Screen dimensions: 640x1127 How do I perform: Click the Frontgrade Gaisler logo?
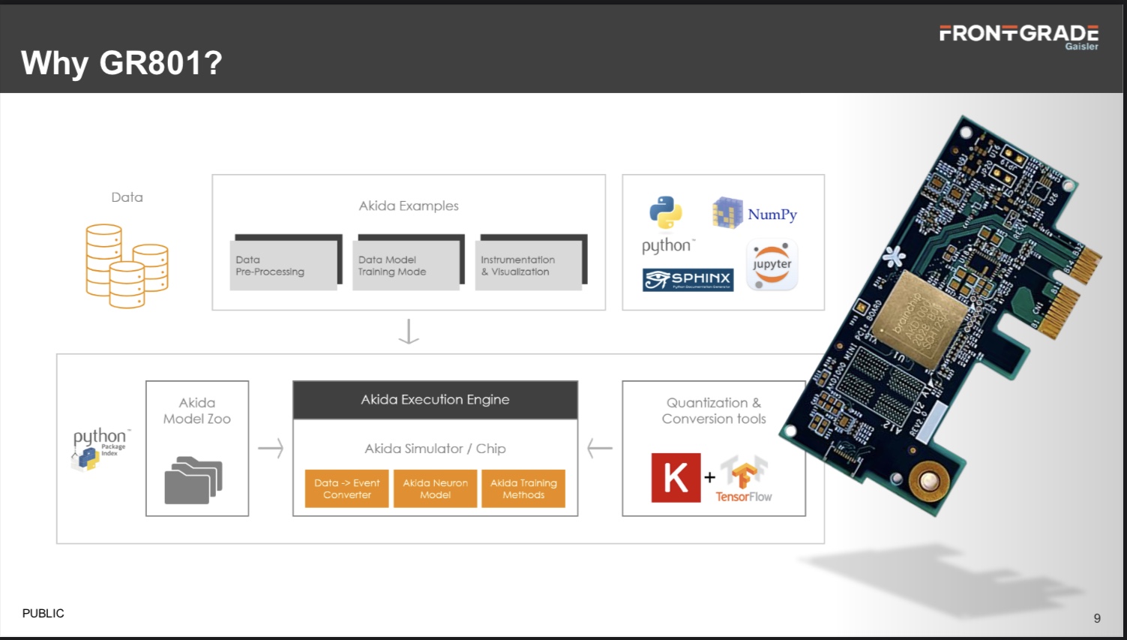[x=1018, y=36]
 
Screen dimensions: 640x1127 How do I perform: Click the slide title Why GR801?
[x=121, y=63]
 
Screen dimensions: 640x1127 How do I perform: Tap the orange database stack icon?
[x=127, y=266]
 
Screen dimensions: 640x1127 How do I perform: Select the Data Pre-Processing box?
[x=283, y=265]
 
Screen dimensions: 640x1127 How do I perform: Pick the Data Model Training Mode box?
[x=406, y=265]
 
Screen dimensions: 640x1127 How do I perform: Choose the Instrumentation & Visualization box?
[x=529, y=265]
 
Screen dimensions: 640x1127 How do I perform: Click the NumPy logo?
[x=754, y=214]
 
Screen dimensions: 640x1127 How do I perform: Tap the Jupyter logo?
[x=772, y=266]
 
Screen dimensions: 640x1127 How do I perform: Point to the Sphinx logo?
[x=688, y=279]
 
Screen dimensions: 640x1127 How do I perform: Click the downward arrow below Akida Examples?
[x=409, y=332]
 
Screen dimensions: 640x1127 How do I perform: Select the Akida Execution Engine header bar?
[x=435, y=400]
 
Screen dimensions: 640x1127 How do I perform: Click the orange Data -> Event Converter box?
[x=346, y=488]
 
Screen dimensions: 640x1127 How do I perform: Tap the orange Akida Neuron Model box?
[x=435, y=488]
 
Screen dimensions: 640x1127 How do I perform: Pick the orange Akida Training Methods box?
[x=523, y=488]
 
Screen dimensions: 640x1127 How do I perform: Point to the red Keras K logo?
[x=676, y=477]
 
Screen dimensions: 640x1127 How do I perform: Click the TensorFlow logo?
[x=744, y=478]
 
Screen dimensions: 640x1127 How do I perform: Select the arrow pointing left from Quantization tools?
[x=600, y=448]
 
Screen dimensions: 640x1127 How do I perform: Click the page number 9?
[x=1097, y=618]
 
